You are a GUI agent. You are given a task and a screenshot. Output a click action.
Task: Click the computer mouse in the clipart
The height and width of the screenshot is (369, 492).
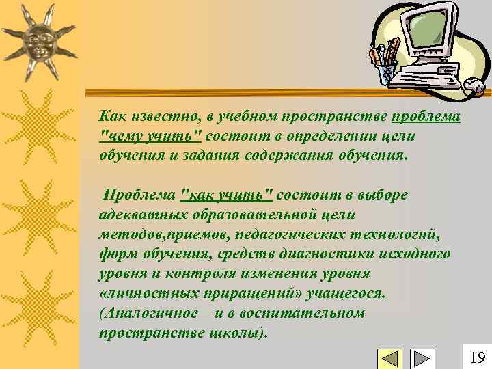click(474, 85)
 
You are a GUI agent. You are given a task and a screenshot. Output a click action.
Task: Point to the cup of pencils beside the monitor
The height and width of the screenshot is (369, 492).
click(385, 66)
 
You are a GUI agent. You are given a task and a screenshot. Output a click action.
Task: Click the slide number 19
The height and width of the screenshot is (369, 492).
click(478, 357)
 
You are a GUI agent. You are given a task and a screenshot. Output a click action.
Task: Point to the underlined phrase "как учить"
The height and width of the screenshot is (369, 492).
click(225, 195)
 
